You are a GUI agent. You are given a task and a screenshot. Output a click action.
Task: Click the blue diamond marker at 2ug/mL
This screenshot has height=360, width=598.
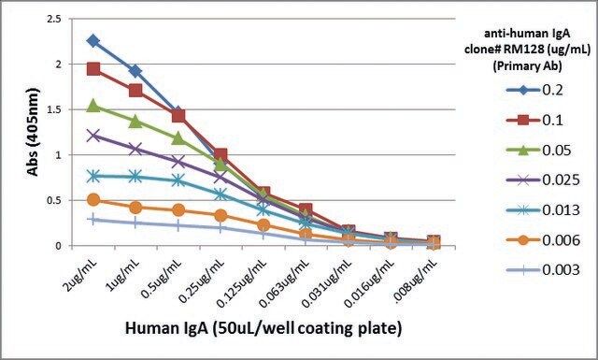tap(93, 41)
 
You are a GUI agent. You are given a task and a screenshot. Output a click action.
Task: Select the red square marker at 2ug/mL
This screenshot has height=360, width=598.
tap(93, 69)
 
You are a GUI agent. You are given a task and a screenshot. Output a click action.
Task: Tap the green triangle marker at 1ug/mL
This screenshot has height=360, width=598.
tap(135, 122)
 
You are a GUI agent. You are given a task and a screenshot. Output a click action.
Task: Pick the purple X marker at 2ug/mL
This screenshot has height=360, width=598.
tap(93, 136)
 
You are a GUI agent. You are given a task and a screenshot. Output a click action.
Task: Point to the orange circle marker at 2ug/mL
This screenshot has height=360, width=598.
tap(93, 200)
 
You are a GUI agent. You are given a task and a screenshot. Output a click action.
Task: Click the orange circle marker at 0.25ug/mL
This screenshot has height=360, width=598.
tap(221, 216)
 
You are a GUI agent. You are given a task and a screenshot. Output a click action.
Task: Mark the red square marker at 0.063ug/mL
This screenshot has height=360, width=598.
tap(306, 209)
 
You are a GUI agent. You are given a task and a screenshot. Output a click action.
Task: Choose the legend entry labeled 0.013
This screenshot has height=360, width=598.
tap(543, 210)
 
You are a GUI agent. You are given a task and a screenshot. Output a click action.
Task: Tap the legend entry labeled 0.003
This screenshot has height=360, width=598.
tap(543, 270)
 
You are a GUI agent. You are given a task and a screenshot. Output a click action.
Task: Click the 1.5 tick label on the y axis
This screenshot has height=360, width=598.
tap(53, 109)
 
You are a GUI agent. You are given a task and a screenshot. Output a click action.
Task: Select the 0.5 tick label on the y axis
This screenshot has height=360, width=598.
tap(53, 200)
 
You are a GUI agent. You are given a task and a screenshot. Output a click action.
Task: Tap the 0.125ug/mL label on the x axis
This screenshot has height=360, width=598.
tap(242, 283)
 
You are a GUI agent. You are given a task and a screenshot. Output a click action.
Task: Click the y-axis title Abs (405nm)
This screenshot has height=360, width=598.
tap(34, 132)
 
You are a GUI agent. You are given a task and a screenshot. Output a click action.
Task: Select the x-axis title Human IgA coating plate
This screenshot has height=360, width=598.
tap(263, 328)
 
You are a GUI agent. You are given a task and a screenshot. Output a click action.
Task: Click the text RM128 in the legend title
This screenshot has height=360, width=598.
tap(513, 50)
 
